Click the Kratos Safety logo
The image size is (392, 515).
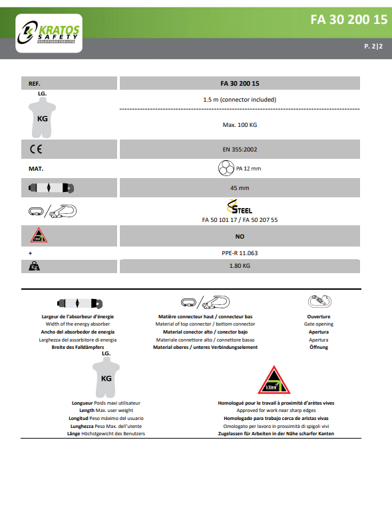click(49, 33)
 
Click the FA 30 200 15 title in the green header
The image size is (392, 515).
click(349, 20)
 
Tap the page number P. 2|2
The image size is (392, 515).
click(373, 47)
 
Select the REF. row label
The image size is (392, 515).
click(35, 84)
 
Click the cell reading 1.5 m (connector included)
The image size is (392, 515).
click(240, 100)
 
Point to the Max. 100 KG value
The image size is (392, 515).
click(240, 125)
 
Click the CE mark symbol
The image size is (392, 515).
click(36, 150)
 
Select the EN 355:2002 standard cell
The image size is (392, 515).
click(240, 150)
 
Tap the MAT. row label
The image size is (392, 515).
click(36, 169)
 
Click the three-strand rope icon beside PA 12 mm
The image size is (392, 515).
click(226, 168)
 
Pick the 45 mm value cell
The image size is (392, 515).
click(240, 188)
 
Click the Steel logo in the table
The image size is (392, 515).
click(240, 207)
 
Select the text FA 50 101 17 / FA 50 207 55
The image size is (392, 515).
click(240, 220)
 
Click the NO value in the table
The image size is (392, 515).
click(240, 237)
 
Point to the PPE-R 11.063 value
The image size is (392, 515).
click(240, 253)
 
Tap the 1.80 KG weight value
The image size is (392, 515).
click(240, 266)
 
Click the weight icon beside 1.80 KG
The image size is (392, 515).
click(34, 266)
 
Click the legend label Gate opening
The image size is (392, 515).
click(319, 324)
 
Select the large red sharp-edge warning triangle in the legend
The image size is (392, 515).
click(274, 380)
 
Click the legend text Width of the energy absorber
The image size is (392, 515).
click(78, 324)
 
